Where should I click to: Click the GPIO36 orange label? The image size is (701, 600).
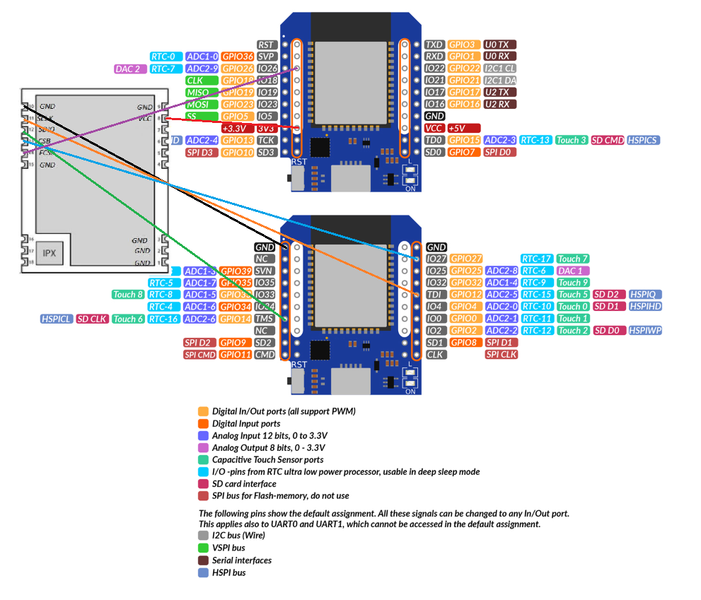(238, 57)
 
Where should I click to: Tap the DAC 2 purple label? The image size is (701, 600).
(131, 69)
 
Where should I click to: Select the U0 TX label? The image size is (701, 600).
(500, 45)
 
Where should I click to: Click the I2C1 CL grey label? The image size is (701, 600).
(500, 69)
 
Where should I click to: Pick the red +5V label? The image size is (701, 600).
(463, 128)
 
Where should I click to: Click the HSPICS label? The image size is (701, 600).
(643, 140)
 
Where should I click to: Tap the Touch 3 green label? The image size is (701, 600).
(572, 140)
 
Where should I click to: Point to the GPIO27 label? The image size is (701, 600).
(466, 259)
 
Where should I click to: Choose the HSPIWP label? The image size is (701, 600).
(645, 330)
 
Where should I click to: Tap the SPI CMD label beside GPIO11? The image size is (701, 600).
(200, 354)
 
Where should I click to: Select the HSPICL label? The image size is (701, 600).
(57, 319)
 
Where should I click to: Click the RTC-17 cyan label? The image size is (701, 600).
(537, 259)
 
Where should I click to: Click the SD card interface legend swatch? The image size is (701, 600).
(204, 483)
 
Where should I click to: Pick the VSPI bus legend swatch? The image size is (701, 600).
(204, 548)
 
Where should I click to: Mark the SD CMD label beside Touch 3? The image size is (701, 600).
(608, 140)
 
